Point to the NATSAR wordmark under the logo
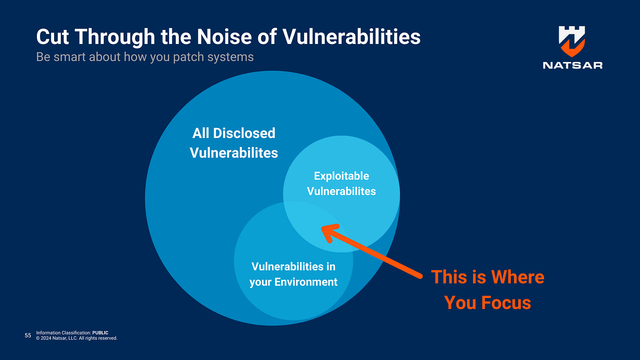pyautogui.click(x=572, y=65)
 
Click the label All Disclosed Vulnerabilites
pyautogui.click(x=234, y=143)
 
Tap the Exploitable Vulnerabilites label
pyautogui.click(x=342, y=183)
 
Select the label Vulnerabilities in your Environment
pyautogui.click(x=294, y=274)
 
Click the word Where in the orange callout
pyautogui.click(x=517, y=277)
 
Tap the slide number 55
pyautogui.click(x=28, y=336)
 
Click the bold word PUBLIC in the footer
pyautogui.click(x=100, y=333)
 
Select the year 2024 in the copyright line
pyautogui.click(x=47, y=338)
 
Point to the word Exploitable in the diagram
pyautogui.click(x=342, y=176)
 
